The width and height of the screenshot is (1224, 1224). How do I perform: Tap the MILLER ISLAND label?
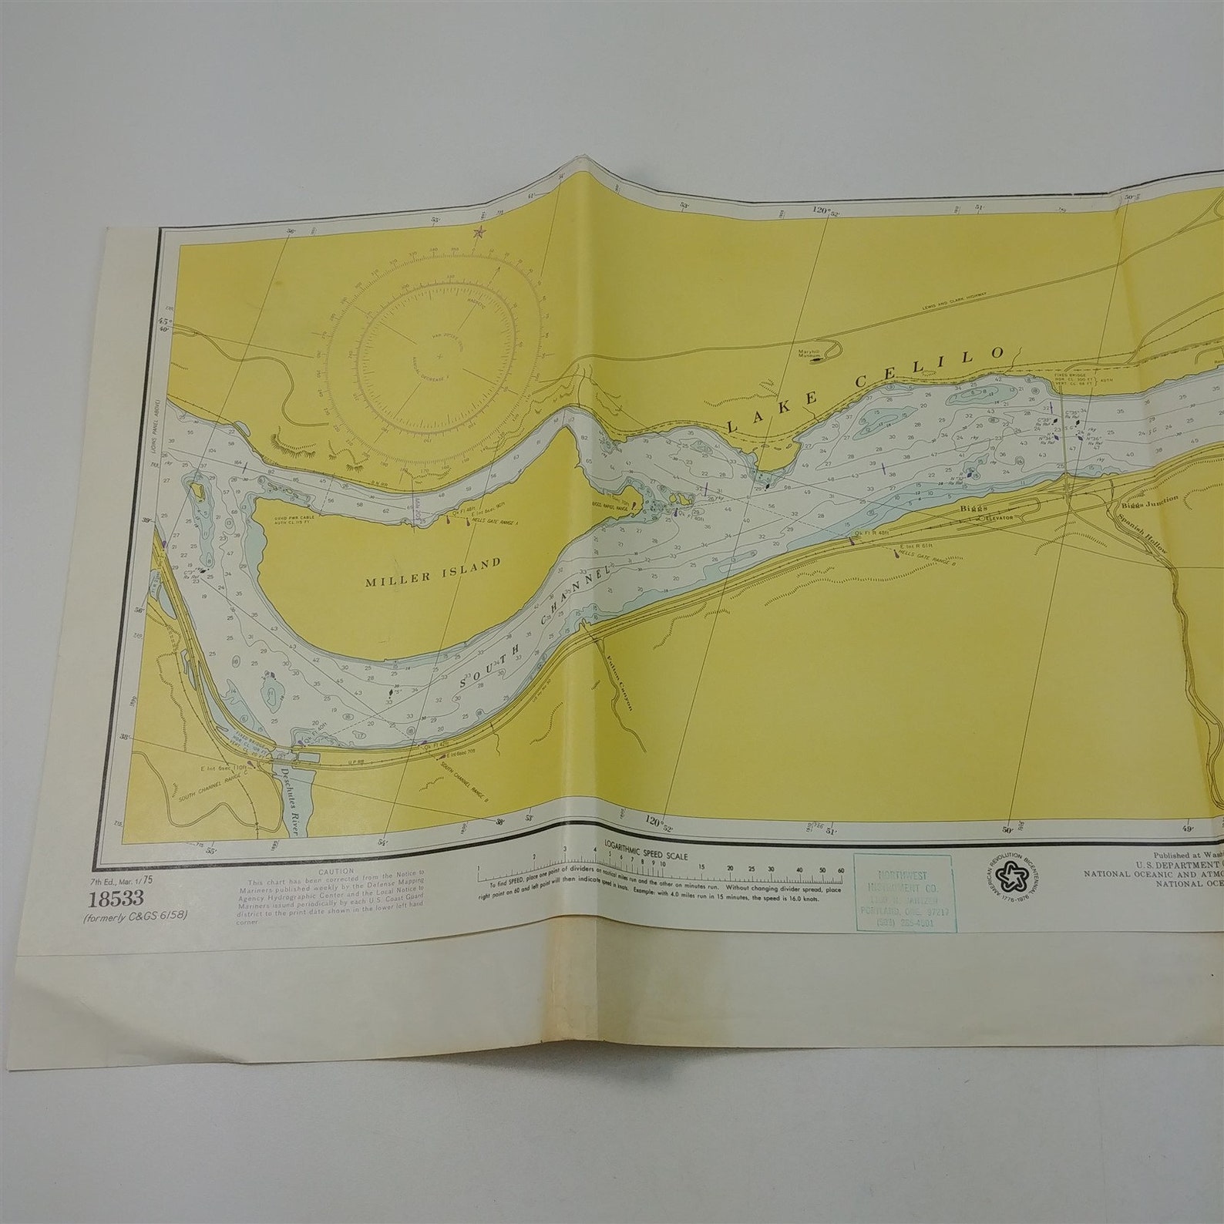[x=432, y=563]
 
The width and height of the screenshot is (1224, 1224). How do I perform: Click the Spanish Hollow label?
[x=1149, y=533]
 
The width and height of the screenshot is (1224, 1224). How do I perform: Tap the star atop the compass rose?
[x=479, y=231]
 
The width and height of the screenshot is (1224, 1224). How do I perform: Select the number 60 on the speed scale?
[x=840, y=869]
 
